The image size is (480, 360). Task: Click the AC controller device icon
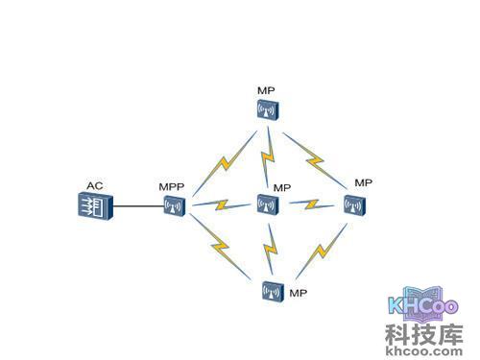coord(95,205)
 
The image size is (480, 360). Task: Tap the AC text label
coord(94,185)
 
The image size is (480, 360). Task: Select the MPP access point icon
coord(173,206)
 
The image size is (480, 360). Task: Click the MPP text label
coord(171,186)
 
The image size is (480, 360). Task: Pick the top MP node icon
coord(266,109)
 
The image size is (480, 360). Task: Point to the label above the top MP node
coord(266,89)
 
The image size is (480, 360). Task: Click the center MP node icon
coord(266,204)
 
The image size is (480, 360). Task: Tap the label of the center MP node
coord(282,187)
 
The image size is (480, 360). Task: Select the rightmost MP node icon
coord(353,204)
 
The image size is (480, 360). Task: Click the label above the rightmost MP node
coord(362,182)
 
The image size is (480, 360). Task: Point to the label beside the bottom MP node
coord(298,291)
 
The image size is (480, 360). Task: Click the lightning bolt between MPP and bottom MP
coord(222,249)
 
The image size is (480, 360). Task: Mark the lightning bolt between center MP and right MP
coord(310,204)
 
